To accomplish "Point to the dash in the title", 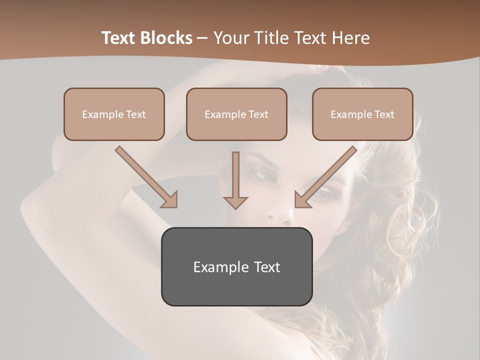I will tap(202, 38).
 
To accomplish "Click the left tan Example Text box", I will tap(114, 114).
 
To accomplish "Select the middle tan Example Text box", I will tap(236, 114).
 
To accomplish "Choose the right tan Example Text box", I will tap(362, 114).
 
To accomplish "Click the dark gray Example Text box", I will tap(236, 266).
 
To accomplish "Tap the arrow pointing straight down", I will tap(235, 180).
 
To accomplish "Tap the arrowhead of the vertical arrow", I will tap(235, 202).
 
